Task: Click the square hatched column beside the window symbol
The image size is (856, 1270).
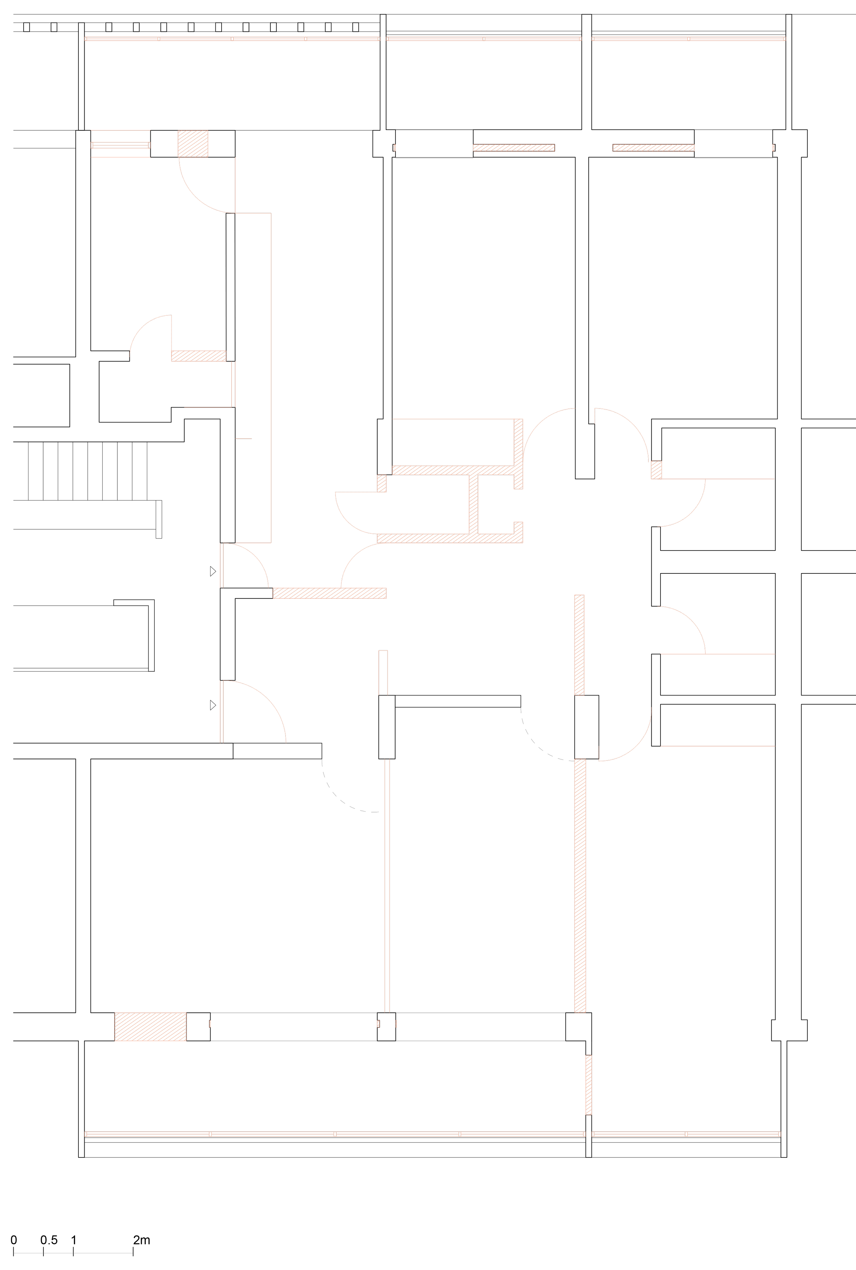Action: [x=193, y=143]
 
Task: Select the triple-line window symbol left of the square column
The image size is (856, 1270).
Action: [x=120, y=145]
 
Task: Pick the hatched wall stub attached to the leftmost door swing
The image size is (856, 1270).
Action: [x=199, y=356]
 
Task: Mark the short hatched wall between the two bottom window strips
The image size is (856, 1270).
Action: [x=589, y=1085]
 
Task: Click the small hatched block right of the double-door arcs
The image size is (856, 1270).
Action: [x=656, y=470]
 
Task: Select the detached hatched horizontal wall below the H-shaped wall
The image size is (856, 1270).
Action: [x=329, y=593]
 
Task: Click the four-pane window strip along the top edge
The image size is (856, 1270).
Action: [x=232, y=39]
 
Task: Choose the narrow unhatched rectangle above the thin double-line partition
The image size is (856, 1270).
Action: [x=383, y=672]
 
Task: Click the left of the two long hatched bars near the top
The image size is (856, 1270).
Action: [x=514, y=147]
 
